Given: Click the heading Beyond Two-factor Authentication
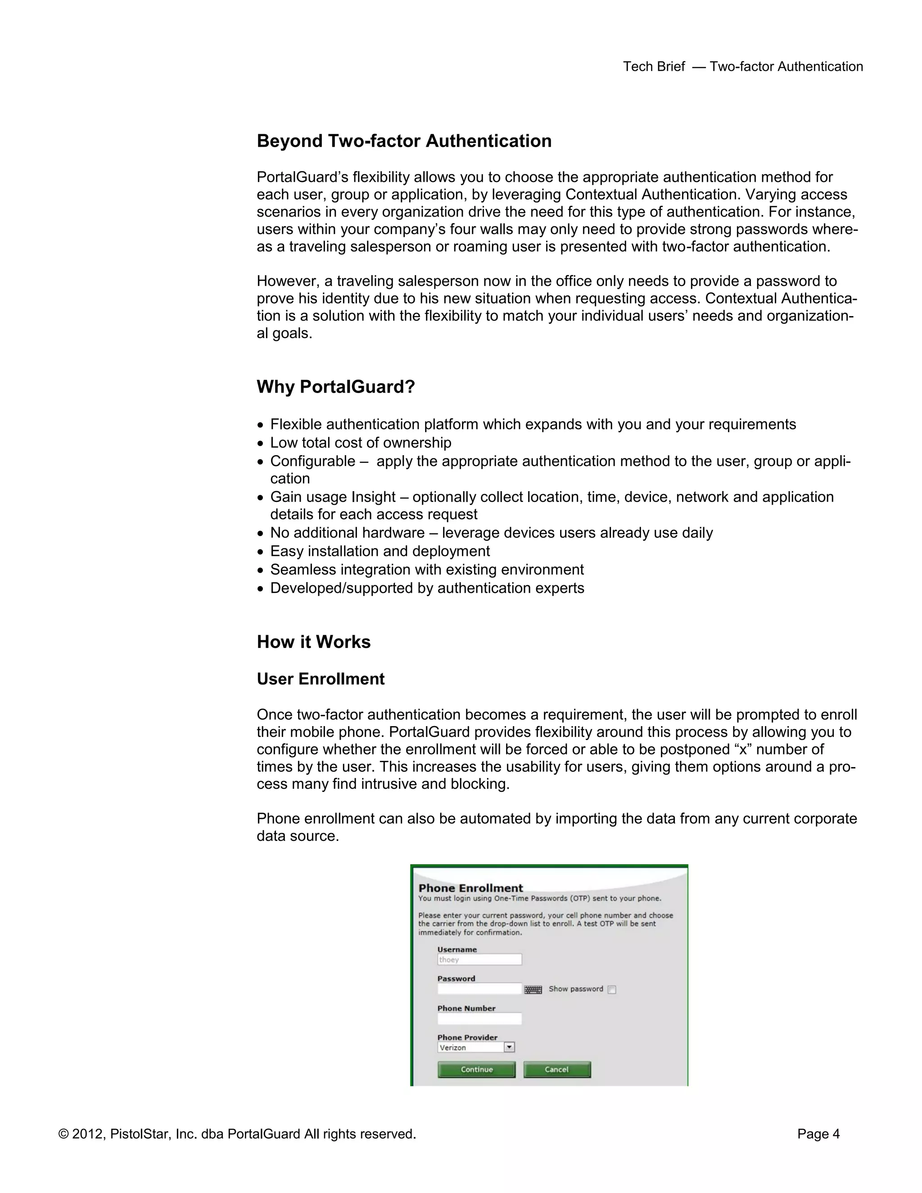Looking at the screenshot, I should pos(404,141).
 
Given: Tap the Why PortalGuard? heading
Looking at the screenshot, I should pos(335,387).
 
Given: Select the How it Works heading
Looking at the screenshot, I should pos(313,642).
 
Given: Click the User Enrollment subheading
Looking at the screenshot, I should pos(321,679).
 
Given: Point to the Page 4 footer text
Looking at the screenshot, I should pos(818,1134).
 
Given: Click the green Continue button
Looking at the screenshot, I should pos(476,1070).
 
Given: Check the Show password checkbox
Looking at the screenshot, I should pos(612,989).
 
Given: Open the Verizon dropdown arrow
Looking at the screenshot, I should pos(509,1047).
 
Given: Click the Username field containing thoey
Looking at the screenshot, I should pos(479,960).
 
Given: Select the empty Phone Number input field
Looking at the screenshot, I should pos(479,1018).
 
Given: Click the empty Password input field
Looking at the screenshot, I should pos(479,989).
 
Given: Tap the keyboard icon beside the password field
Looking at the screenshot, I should pos(533,989).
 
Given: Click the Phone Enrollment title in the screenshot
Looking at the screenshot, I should pos(470,888).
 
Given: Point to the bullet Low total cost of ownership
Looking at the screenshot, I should pos(361,443).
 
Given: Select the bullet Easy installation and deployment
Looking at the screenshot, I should pos(380,551).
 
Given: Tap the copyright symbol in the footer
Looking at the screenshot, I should pos(63,1134).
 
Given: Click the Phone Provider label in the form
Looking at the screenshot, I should pos(467,1037).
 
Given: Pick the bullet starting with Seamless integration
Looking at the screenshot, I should pos(427,570).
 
